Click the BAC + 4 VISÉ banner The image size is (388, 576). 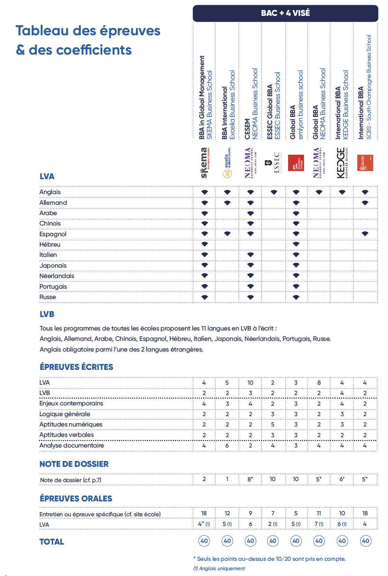click(285, 13)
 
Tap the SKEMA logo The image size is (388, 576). click(205, 163)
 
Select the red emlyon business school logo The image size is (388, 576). click(296, 163)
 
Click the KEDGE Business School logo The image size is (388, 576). click(342, 163)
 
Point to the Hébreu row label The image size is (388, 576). click(50, 244)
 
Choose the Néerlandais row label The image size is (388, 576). click(57, 276)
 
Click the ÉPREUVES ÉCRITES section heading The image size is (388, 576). click(76, 367)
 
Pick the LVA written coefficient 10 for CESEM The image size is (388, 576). click(250, 383)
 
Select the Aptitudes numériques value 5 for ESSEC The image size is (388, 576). click(273, 424)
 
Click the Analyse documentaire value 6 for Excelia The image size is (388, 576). click(227, 445)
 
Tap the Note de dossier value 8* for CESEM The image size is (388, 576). click(250, 479)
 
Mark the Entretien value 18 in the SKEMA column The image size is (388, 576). click(204, 513)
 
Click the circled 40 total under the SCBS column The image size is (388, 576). click(366, 541)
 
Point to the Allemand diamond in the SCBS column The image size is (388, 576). click(365, 203)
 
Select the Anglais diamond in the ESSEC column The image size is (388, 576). click(274, 192)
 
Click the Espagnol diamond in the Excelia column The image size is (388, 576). click(227, 234)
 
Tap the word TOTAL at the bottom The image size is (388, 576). click(52, 542)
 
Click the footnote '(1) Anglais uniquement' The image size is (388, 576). click(219, 568)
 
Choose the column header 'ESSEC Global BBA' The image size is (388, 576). click(270, 112)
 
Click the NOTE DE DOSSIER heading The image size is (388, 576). click(74, 464)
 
